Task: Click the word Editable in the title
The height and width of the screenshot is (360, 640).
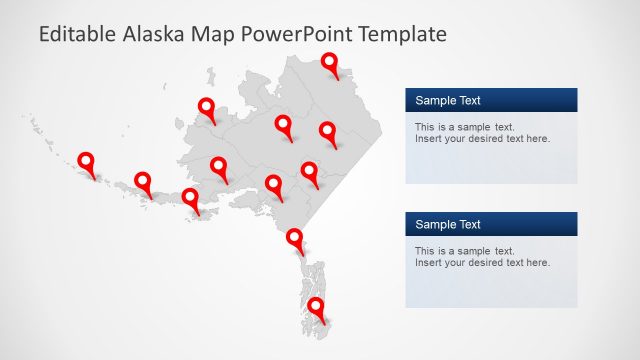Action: click(x=77, y=35)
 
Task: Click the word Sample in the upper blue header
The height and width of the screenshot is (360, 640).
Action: click(x=435, y=100)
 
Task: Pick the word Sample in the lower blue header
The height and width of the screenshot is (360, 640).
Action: click(x=435, y=224)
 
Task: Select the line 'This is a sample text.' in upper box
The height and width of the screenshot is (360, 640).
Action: click(x=464, y=127)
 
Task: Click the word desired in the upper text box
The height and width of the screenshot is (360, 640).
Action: click(x=485, y=138)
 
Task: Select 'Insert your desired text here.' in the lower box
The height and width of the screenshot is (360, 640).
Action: click(x=482, y=262)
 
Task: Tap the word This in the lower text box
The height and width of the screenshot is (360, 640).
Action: click(x=424, y=251)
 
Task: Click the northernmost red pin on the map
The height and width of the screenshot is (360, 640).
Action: click(x=330, y=65)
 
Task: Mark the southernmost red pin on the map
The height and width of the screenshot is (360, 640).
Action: click(x=316, y=306)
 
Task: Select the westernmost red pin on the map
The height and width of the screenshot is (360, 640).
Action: click(x=86, y=161)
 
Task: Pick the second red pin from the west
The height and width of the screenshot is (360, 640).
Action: click(x=143, y=181)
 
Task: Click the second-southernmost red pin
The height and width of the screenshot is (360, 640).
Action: click(x=295, y=238)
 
